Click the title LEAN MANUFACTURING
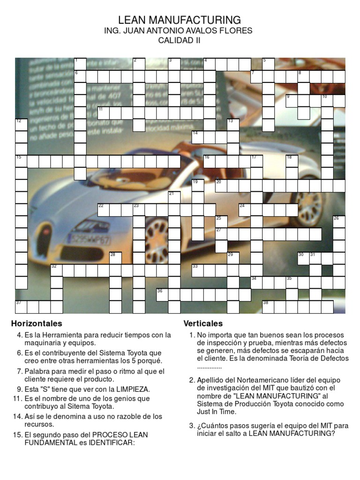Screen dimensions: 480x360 pyautogui.click(x=180, y=20)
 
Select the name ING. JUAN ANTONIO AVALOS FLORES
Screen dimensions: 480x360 pyautogui.click(x=178, y=31)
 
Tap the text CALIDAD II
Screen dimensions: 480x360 pyautogui.click(x=179, y=40)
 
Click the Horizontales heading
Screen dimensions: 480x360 pyautogui.click(x=37, y=323)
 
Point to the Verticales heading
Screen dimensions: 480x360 pyautogui.click(x=203, y=323)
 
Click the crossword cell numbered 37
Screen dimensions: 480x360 pyautogui.click(x=21, y=307)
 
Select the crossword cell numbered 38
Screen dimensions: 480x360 pyautogui.click(x=268, y=307)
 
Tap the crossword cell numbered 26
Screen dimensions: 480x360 pyautogui.click(x=339, y=222)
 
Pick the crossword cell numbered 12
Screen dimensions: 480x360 pyautogui.click(x=21, y=124)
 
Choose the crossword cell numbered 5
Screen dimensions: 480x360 pyautogui.click(x=268, y=64)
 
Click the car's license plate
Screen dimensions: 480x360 pyautogui.click(x=89, y=239)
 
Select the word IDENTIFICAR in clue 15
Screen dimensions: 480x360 pyautogui.click(x=112, y=442)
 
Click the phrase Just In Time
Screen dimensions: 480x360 pyautogui.click(x=217, y=412)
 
